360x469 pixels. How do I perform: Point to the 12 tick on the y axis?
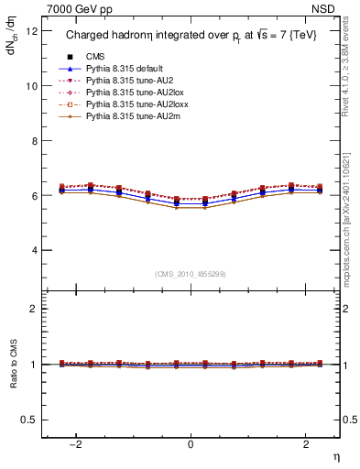32,31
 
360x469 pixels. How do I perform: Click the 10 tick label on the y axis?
32,86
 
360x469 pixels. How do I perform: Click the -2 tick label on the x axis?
77,444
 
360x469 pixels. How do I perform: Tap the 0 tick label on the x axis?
191,444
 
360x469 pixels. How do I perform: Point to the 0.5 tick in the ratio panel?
30,420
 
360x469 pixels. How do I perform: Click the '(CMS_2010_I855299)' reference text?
191,274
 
